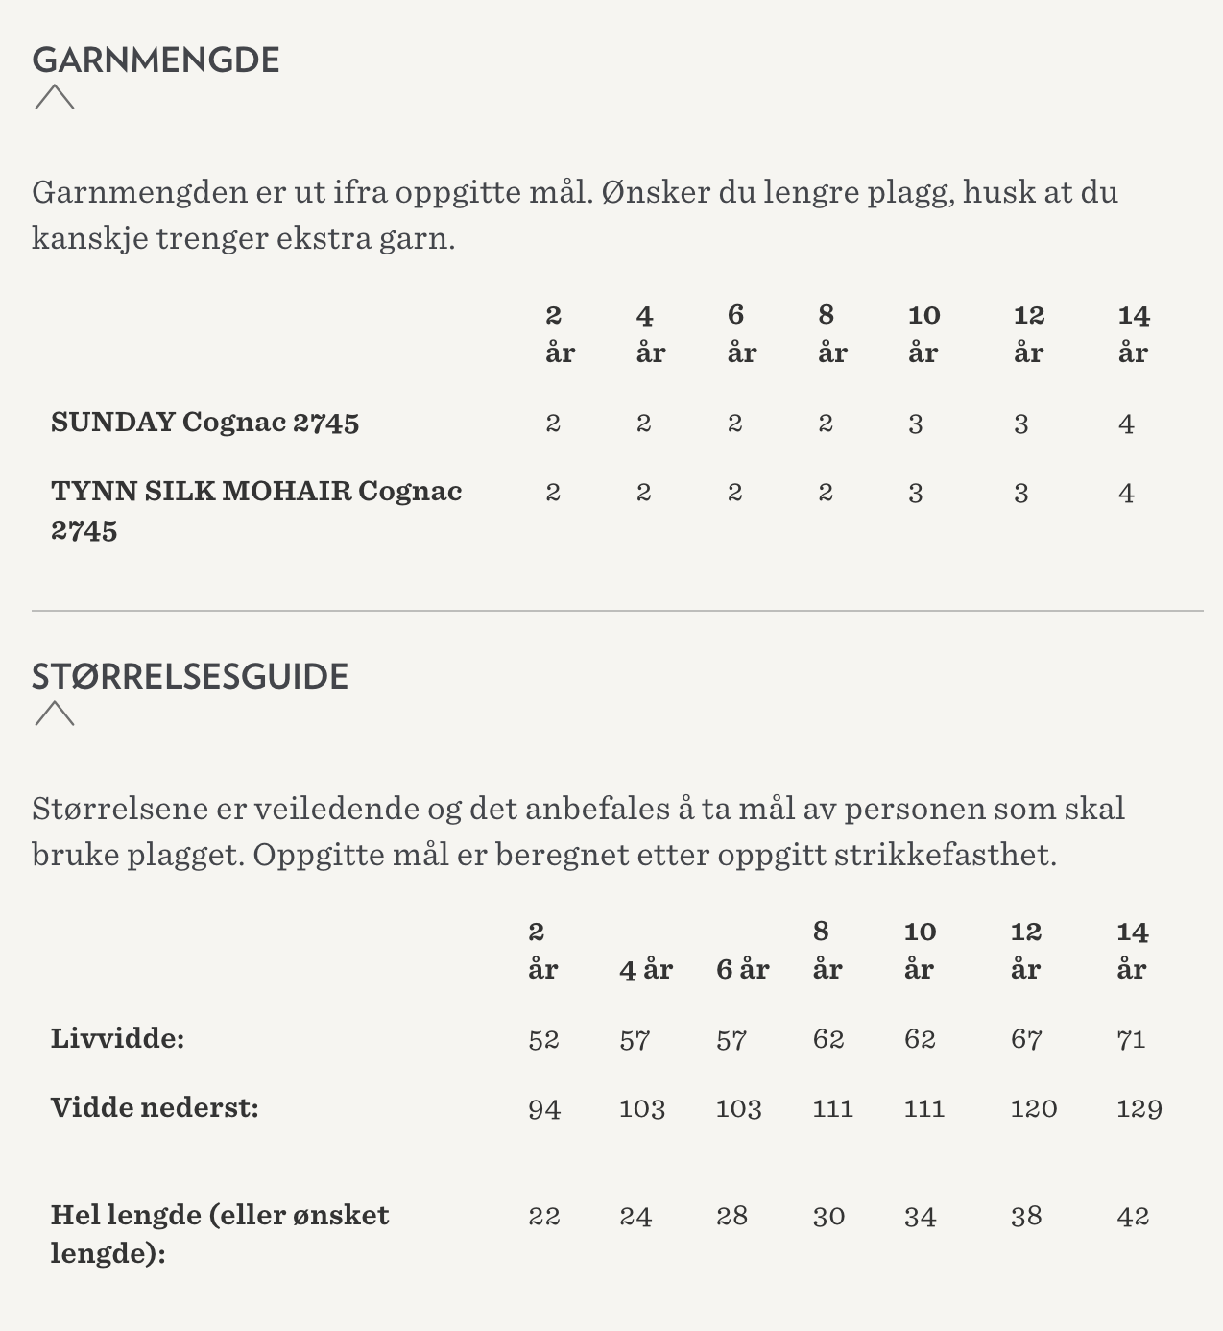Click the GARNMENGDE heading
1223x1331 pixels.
pos(156,60)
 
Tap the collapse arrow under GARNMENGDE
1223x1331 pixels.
pos(55,97)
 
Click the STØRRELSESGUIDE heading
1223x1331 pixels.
pos(190,676)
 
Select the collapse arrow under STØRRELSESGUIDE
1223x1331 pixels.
pos(55,714)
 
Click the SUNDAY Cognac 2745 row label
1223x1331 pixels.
pos(204,423)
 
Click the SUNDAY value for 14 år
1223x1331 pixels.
pos(1126,423)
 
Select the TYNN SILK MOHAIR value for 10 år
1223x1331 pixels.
pos(916,493)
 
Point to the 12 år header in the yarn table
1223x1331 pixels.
pos(1028,333)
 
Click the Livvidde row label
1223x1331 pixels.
pos(117,1038)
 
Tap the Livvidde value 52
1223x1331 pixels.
pos(543,1039)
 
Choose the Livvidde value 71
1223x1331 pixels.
pos(1131,1039)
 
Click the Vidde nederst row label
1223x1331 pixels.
pos(155,1107)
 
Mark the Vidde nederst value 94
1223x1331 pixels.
pos(544,1109)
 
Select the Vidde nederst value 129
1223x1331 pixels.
pos(1139,1109)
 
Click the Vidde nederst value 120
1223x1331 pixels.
pos(1034,1109)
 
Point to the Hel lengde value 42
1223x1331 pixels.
pos(1133,1217)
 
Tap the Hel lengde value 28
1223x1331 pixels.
pos(731,1217)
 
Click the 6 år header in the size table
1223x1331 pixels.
pos(742,969)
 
